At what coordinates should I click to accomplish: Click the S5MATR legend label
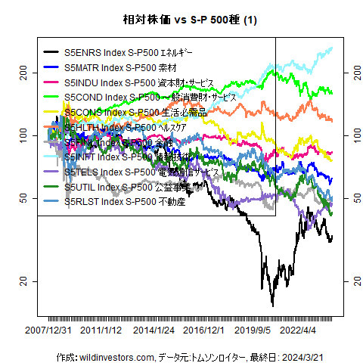click(x=120, y=68)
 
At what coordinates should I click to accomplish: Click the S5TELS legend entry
click(x=140, y=172)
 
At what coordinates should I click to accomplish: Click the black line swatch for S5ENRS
click(x=51, y=54)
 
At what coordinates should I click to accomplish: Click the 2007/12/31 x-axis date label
click(x=49, y=330)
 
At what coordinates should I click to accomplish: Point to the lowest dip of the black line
click(x=273, y=306)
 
